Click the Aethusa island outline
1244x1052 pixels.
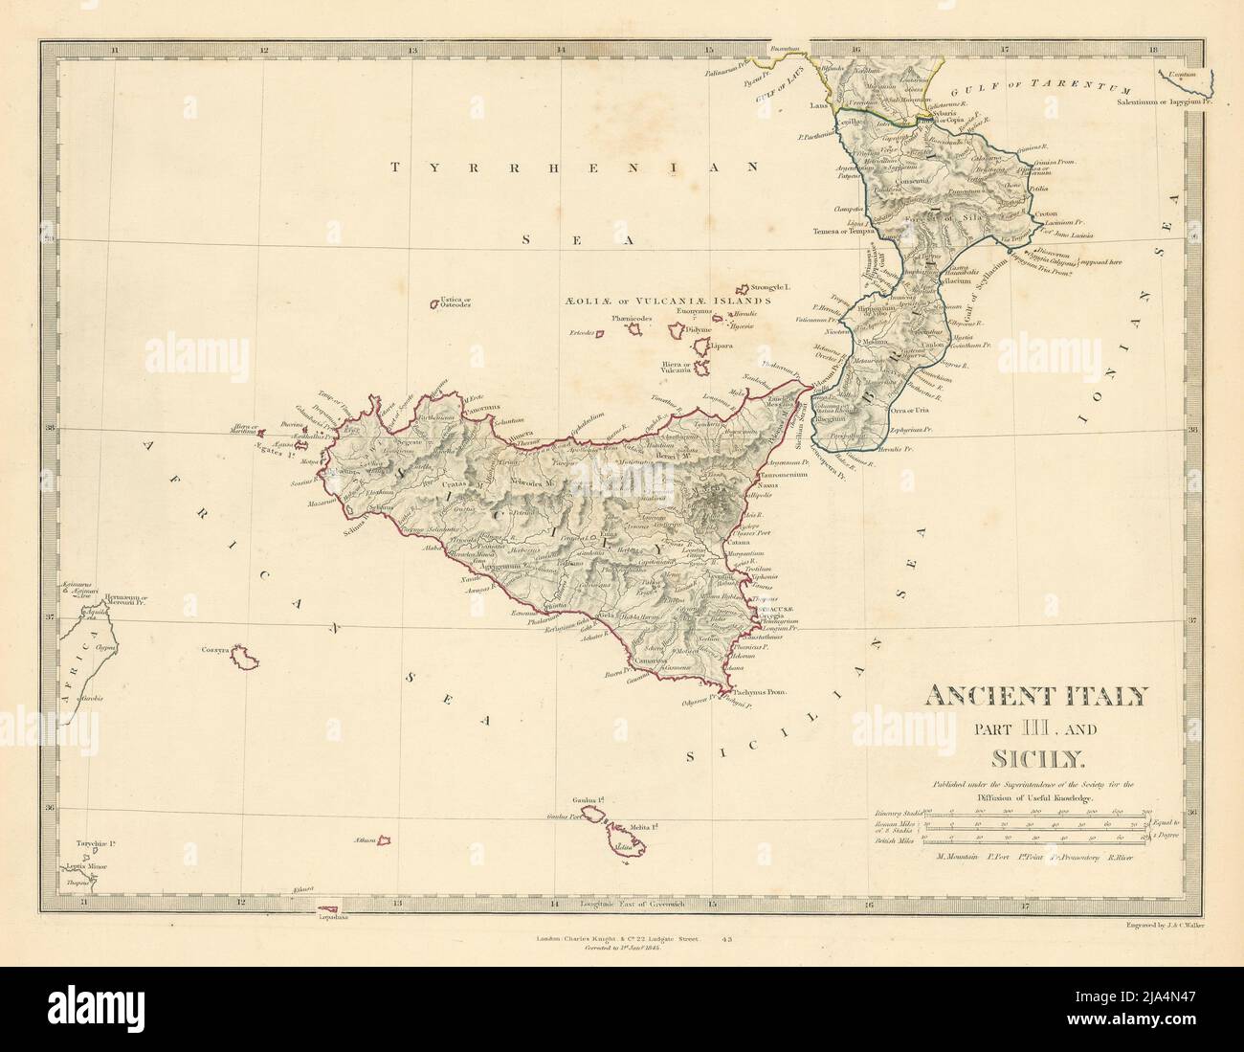(x=388, y=839)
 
